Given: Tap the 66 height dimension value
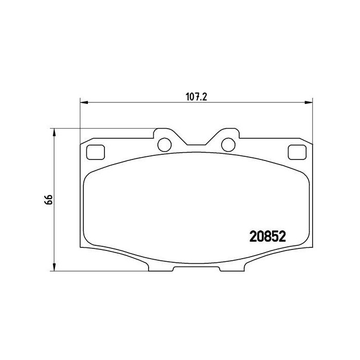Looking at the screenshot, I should click(49, 200).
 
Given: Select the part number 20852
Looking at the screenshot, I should click(267, 236).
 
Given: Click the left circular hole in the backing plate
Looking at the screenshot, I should click(165, 145).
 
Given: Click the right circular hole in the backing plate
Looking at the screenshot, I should click(228, 145).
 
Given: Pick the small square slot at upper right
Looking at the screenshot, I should click(297, 152).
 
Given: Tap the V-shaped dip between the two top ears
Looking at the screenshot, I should click(196, 145).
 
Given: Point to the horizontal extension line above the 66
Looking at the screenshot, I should click(103, 128).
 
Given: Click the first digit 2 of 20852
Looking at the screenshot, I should click(253, 236).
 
